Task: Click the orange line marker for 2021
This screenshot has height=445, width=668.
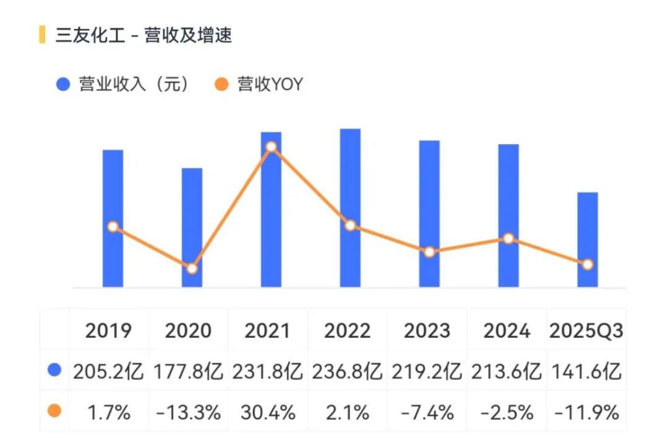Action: coord(271,147)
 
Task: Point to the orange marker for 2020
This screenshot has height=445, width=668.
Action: coord(192,269)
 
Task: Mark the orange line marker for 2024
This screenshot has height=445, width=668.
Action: coord(508,238)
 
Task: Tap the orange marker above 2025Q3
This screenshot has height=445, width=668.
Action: coord(588,264)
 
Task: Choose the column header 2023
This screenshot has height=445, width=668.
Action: coord(427,331)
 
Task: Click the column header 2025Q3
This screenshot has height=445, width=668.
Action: coord(586,331)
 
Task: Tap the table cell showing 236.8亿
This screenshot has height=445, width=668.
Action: coord(348,372)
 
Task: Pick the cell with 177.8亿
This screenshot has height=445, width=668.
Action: coord(188,372)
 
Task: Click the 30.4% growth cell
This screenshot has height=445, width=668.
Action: coord(268,412)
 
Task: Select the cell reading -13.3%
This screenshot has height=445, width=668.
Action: coord(188,412)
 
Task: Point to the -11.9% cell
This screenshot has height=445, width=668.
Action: coord(586,412)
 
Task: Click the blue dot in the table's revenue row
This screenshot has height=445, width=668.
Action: coord(54,371)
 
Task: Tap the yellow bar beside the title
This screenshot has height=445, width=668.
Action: coord(42,35)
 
